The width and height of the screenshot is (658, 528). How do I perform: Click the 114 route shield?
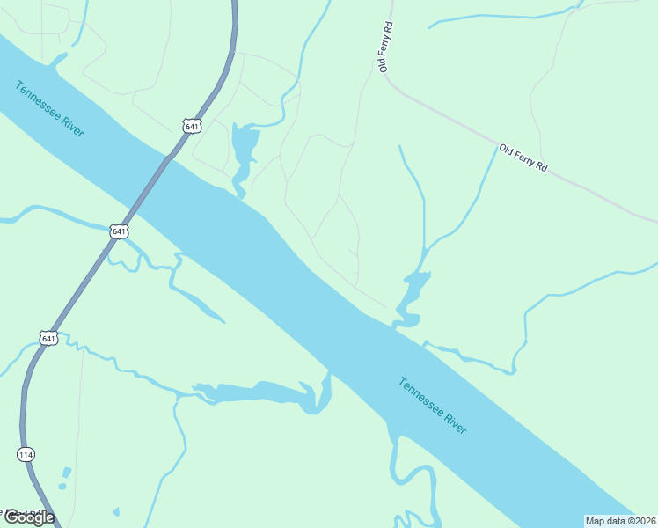pyautogui.click(x=26, y=454)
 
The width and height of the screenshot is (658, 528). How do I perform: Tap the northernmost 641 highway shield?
pyautogui.click(x=192, y=126)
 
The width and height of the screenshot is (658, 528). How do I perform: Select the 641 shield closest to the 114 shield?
pyautogui.click(x=48, y=337)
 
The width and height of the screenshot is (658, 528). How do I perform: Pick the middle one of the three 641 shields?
pyautogui.click(x=120, y=231)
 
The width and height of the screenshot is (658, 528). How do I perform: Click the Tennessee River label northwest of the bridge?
pyautogui.click(x=50, y=108)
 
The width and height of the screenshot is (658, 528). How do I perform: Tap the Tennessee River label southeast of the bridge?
pyautogui.click(x=432, y=405)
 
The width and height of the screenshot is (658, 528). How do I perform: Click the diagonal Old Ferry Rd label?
pyautogui.click(x=523, y=158)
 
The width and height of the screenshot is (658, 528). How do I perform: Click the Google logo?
pyautogui.click(x=29, y=517)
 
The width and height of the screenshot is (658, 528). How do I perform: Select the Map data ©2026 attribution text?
pyautogui.click(x=620, y=520)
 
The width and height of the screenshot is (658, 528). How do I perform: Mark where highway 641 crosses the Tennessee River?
pyautogui.click(x=150, y=186)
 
